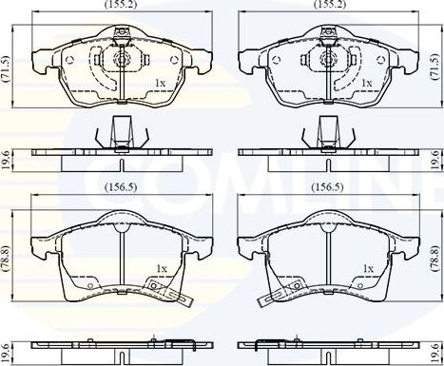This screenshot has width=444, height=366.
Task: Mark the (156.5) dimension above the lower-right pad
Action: pos(326,187)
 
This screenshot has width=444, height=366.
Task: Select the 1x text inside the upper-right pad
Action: pos(367,85)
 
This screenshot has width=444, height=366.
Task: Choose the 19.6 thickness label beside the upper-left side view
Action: pos(8,159)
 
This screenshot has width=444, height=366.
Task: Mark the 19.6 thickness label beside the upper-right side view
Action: pos(436,159)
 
